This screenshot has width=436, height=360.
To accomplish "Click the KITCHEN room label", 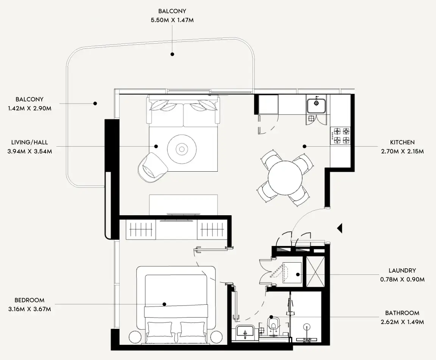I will [402, 142].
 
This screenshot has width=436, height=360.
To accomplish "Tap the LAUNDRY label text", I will [402, 271].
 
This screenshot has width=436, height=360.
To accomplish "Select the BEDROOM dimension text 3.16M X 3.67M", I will [30, 309].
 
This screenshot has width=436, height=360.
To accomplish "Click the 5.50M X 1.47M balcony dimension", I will [172, 20].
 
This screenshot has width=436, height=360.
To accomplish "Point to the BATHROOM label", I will [402, 313].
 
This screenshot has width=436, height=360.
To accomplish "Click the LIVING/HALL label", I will [30, 142].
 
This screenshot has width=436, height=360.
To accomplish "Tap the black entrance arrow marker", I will [340, 228].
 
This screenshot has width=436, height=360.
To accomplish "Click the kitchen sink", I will [316, 104].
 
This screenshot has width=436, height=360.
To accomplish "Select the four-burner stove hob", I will [341, 136].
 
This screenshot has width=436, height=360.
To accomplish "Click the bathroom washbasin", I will [245, 332].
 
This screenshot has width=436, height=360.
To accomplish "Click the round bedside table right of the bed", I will [216, 337].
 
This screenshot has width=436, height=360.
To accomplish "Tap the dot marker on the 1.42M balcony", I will [95, 103].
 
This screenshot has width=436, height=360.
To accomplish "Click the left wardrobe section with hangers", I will [141, 229].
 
